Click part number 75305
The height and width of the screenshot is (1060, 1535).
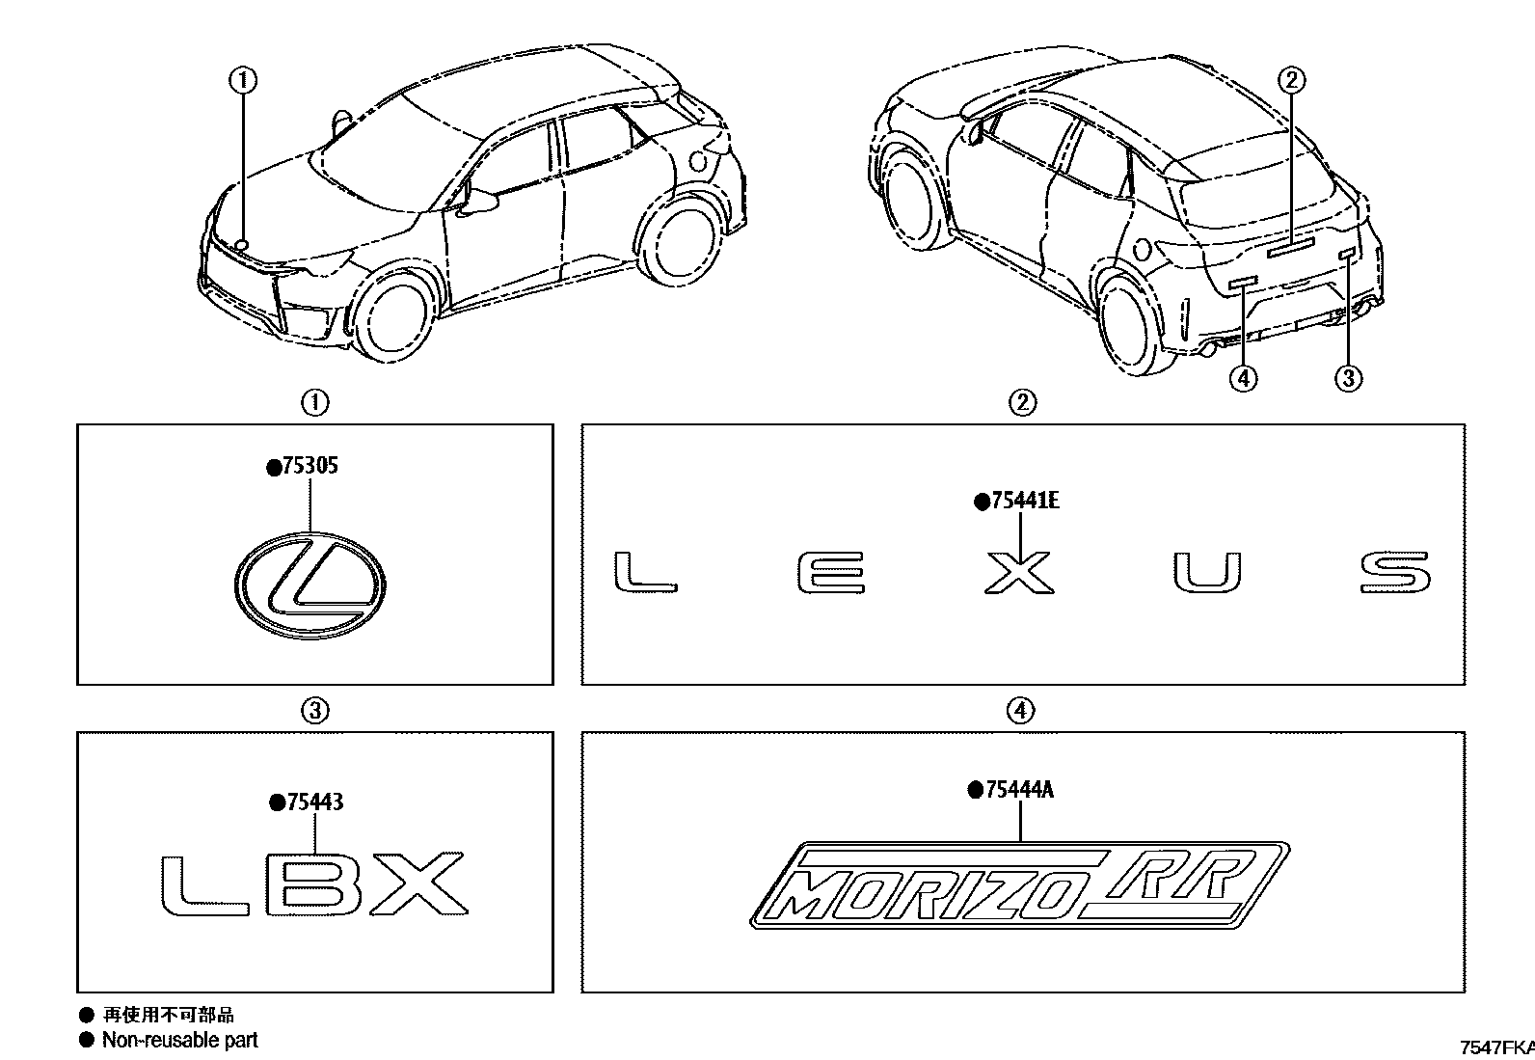click(x=309, y=467)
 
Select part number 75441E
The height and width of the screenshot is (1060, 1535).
click(x=1023, y=502)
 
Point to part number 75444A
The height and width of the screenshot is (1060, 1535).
click(x=1018, y=791)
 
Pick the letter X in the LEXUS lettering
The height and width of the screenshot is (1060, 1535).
click(x=1018, y=572)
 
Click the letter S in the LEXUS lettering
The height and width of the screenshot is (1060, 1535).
click(x=1395, y=572)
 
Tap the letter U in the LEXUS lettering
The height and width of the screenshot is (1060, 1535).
click(x=1207, y=573)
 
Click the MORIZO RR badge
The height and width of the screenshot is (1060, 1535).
click(x=1018, y=883)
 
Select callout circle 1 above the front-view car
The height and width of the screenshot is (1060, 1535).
click(x=243, y=80)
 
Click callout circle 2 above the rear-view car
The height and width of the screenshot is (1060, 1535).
click(x=1292, y=80)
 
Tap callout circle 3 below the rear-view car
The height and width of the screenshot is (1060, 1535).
click(x=1348, y=378)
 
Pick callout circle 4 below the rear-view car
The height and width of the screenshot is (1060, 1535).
click(x=1244, y=378)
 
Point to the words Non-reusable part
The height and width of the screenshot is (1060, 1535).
click(x=179, y=1040)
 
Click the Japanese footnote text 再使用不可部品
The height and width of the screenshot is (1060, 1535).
click(x=168, y=1015)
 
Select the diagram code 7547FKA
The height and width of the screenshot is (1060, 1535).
click(x=1496, y=1047)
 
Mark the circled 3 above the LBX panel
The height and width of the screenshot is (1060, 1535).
click(x=315, y=712)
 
